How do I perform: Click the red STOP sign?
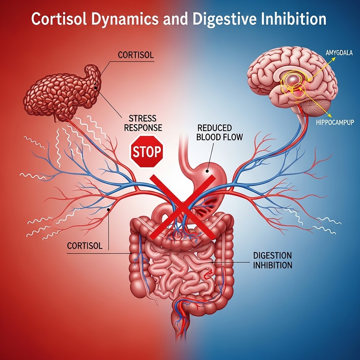click(x=147, y=152)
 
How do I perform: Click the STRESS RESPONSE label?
click(x=142, y=123)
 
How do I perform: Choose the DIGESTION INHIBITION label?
click(x=272, y=260)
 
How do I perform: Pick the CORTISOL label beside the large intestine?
click(x=85, y=245)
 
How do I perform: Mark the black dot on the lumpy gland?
click(x=95, y=85)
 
